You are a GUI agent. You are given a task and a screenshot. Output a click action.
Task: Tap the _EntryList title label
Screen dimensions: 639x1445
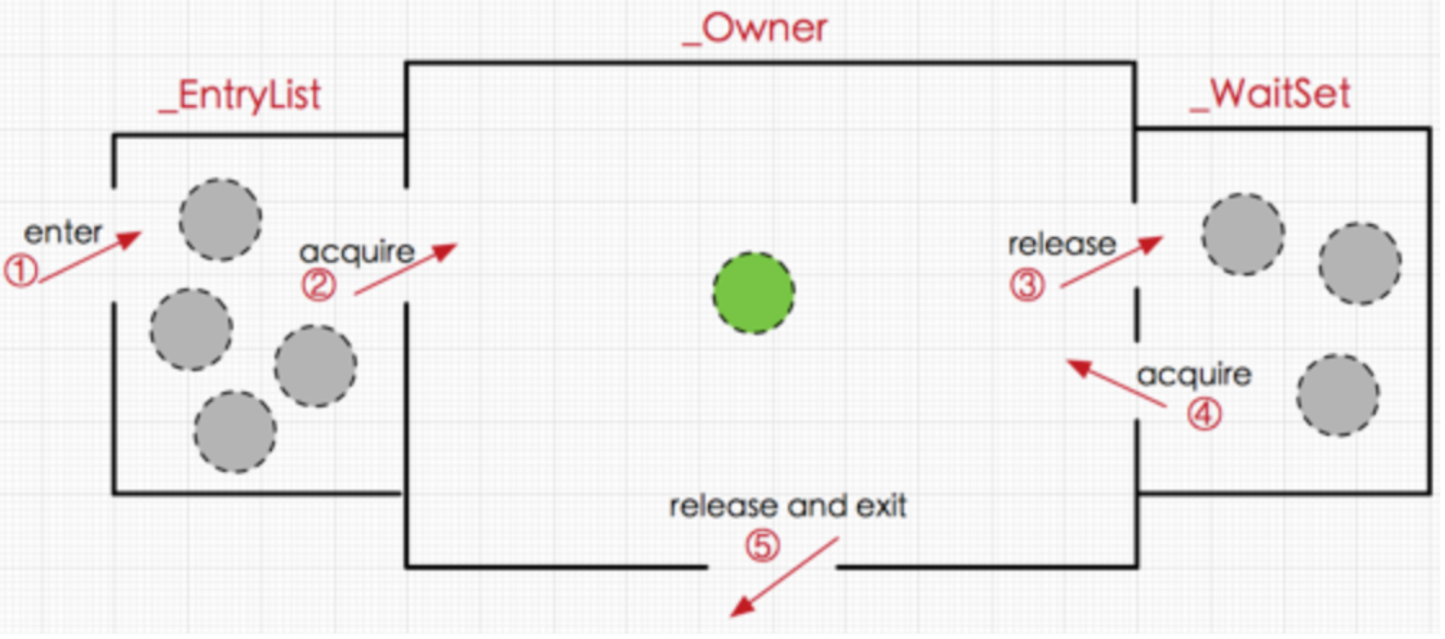pos(239,96)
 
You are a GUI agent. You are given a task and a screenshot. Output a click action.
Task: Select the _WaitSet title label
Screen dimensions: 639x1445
pos(1270,96)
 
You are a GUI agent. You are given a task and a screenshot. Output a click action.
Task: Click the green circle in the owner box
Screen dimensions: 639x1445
pos(754,292)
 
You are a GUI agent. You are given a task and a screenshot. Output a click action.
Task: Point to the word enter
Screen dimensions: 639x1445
pos(64,231)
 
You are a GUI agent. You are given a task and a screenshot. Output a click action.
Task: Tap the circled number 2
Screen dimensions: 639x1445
pos(319,287)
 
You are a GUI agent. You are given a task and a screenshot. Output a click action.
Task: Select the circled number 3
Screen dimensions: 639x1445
pos(1028,286)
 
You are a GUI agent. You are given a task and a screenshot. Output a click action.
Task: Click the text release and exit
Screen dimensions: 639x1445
pos(788,506)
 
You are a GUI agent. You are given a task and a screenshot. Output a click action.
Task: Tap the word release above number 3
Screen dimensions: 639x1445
pos(1062,245)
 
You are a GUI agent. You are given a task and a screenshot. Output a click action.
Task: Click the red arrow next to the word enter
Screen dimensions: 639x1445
pos(89,255)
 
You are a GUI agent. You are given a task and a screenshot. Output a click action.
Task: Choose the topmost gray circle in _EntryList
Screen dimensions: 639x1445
pos(219,219)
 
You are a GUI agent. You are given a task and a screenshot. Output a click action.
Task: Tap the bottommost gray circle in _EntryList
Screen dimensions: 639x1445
pos(235,432)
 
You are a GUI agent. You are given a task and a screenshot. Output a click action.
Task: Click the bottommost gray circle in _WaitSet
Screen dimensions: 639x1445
pos(1338,396)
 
